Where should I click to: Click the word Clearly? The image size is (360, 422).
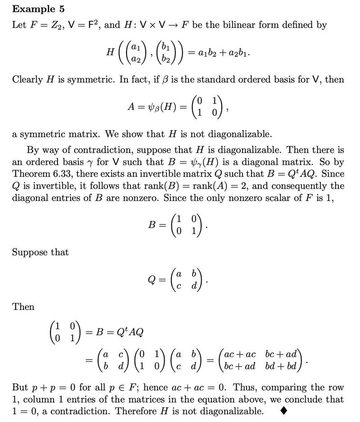28,80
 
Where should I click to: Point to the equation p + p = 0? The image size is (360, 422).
56,388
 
